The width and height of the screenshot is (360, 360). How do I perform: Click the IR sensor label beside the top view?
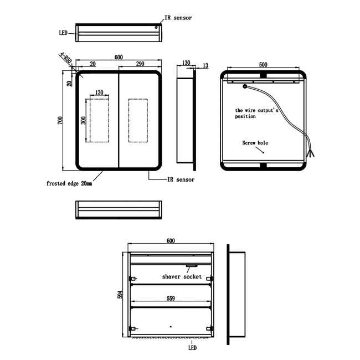point(178,18)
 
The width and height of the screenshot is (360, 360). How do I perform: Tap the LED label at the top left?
point(63,33)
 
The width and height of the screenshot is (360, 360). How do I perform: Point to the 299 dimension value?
point(140,64)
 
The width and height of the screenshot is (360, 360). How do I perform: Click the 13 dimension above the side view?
point(205,66)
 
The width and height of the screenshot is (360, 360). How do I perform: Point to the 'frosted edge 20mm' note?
point(69,183)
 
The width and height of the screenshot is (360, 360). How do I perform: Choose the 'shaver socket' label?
point(182,276)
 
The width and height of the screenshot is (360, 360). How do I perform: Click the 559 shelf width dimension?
point(171,299)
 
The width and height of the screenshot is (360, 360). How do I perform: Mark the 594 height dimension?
point(119,295)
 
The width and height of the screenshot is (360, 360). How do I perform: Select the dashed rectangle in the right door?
point(138,121)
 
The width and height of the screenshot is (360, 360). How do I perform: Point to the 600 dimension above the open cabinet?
point(171,240)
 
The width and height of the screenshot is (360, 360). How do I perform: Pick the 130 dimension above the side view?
point(185,63)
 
